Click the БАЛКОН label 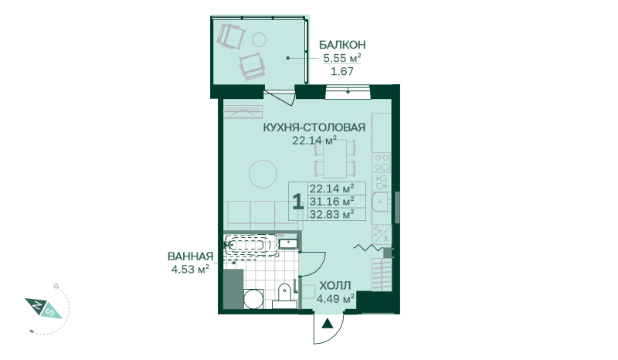pyautogui.click(x=342, y=45)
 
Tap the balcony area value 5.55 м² pyautogui.click(x=342, y=58)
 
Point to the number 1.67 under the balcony pyautogui.click(x=342, y=71)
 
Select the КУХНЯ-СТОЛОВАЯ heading pyautogui.click(x=314, y=127)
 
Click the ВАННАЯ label pyautogui.click(x=190, y=256)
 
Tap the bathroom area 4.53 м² pyautogui.click(x=190, y=270)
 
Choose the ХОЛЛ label pyautogui.click(x=335, y=286)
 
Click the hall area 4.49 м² pyautogui.click(x=335, y=298)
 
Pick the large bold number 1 pyautogui.click(x=298, y=201)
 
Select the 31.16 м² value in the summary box pyautogui.click(x=331, y=202)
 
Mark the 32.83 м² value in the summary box pyautogui.click(x=331, y=215)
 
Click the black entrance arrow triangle pyautogui.click(x=327, y=324)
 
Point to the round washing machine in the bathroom pyautogui.click(x=253, y=299)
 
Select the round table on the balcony pyautogui.click(x=259, y=39)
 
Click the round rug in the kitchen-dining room pyautogui.click(x=263, y=174)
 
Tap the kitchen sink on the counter pyautogui.click(x=380, y=202)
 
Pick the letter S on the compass pyautogui.click(x=51, y=312)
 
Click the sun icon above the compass pyautogui.click(x=56, y=287)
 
